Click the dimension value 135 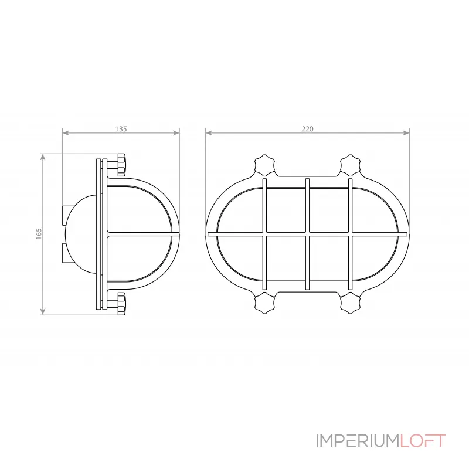121,128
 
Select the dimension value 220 308,128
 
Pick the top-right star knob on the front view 351,165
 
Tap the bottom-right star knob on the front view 351,303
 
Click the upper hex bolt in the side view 121,165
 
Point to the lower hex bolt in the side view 121,303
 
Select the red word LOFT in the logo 423,441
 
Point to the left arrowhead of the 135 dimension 65,133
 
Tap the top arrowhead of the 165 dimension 43,157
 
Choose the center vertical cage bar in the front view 307,234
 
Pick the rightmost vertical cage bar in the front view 350,234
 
